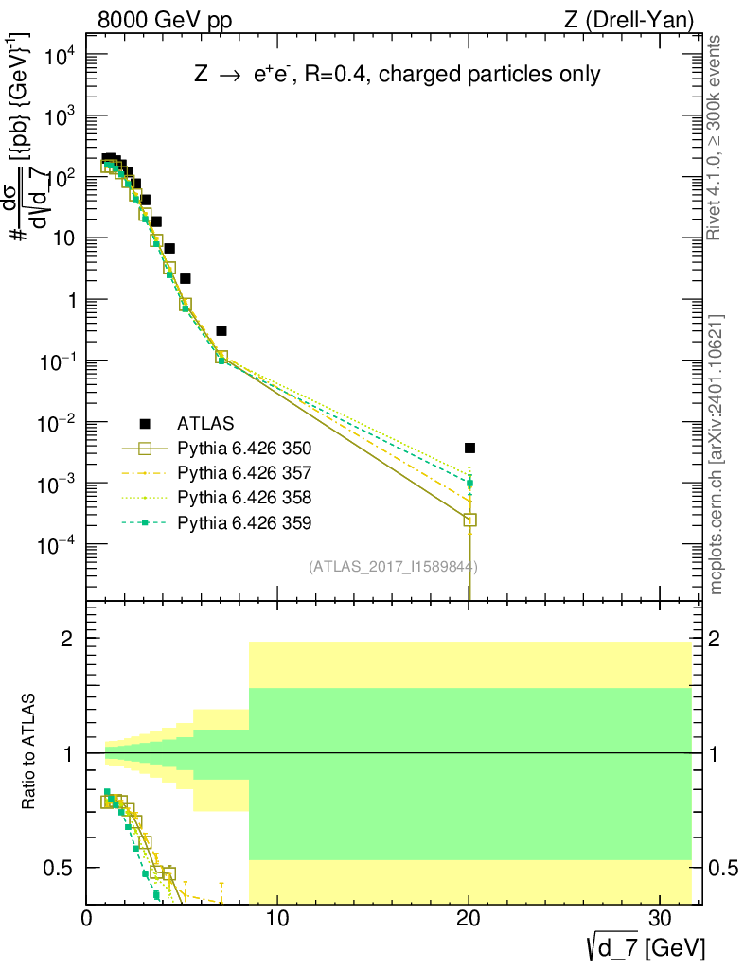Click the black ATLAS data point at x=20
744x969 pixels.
pyautogui.click(x=469, y=448)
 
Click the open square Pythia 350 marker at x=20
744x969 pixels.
pyautogui.click(x=469, y=520)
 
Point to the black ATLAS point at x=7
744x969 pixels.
pyautogui.click(x=221, y=330)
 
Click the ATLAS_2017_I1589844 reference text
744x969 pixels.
pyautogui.click(x=393, y=567)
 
